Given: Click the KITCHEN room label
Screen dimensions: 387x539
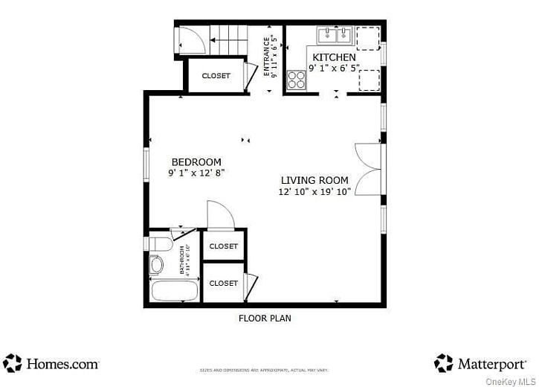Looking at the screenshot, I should [334, 57].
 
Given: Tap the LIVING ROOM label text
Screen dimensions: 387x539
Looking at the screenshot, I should [314, 180].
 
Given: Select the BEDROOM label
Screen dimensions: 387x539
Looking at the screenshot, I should [196, 162].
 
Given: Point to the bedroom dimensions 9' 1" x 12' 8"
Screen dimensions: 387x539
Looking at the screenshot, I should [196, 173].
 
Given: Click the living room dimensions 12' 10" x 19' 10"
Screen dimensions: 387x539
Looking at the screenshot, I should [314, 191].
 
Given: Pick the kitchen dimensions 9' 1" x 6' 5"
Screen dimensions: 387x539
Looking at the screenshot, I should [334, 68].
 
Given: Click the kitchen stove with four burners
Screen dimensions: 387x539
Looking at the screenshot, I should [297, 80].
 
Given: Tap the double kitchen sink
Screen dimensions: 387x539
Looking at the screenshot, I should [334, 35].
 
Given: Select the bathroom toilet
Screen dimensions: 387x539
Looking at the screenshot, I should [158, 245].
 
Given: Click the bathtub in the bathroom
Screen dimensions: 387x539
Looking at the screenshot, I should [175, 290].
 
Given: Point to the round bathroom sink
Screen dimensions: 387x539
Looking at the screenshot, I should [157, 265].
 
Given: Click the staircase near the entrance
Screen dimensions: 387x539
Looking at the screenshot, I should [228, 39].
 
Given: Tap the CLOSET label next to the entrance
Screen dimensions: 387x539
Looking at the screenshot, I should [216, 76].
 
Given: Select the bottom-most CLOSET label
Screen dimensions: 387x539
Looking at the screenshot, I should [223, 284].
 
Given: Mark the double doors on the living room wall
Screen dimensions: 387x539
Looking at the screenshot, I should [369, 170].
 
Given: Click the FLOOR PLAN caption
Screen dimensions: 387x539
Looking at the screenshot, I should [264, 319].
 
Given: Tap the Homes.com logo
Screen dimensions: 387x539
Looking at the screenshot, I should [51, 364].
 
